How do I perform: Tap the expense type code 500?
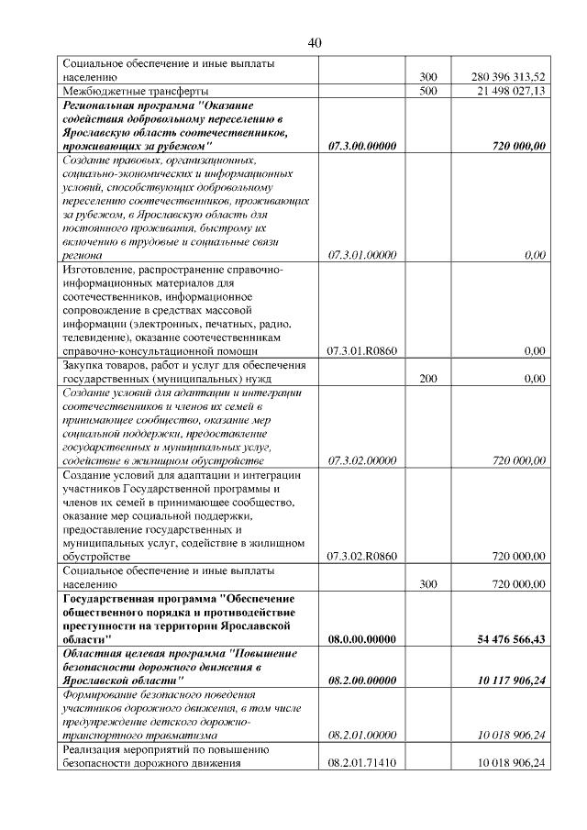click(x=427, y=92)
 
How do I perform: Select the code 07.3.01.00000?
click(x=361, y=255)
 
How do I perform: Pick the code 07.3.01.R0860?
click(x=361, y=350)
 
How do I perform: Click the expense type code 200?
click(x=427, y=378)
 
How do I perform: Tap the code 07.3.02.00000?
click(x=361, y=460)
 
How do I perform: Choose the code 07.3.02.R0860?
click(x=361, y=556)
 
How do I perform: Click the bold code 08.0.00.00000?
click(x=361, y=639)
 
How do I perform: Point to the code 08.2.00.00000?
click(x=361, y=681)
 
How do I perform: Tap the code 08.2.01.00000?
click(x=361, y=736)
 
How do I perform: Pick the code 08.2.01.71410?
click(x=361, y=764)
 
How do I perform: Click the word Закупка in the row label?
click(x=84, y=365)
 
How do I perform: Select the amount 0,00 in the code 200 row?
click(x=534, y=378)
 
